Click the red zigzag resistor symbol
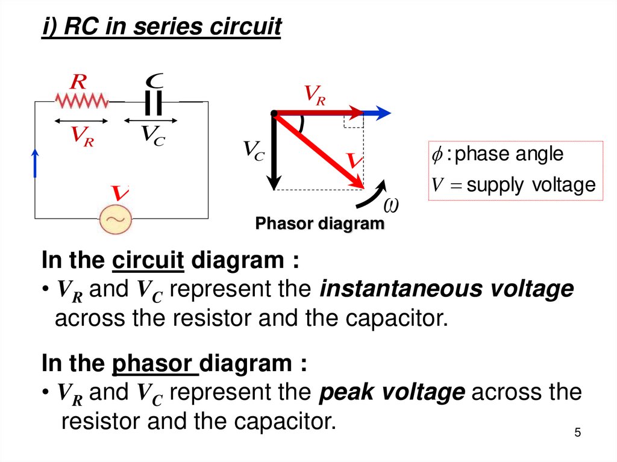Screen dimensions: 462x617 pyautogui.click(x=81, y=101)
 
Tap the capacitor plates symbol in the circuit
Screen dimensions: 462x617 pyautogui.click(x=154, y=103)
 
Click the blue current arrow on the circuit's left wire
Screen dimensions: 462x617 pyautogui.click(x=35, y=163)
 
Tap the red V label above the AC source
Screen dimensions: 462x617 pyautogui.click(x=119, y=193)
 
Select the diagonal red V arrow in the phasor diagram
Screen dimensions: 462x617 pyautogui.click(x=319, y=151)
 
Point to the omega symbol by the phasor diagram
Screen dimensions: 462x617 pyautogui.click(x=392, y=206)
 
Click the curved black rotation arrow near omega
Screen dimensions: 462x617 pyautogui.click(x=376, y=193)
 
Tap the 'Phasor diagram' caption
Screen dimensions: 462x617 pyautogui.click(x=320, y=224)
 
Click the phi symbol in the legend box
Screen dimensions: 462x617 pyautogui.click(x=437, y=154)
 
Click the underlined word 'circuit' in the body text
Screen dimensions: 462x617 pyautogui.click(x=148, y=261)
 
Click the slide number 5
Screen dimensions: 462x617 pyautogui.click(x=577, y=432)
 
